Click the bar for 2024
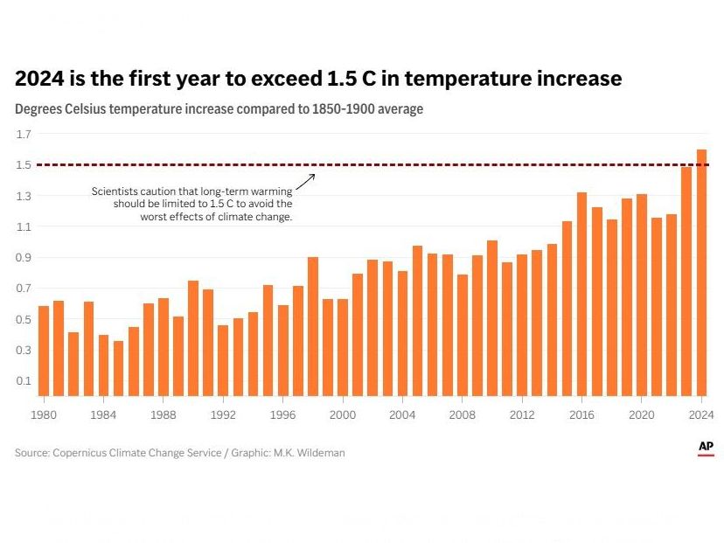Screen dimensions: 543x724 click(701, 272)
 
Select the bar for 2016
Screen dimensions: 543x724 click(581, 294)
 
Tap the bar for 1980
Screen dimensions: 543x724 click(44, 351)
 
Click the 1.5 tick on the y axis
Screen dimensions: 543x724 click(24, 165)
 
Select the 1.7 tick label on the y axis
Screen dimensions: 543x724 click(24, 134)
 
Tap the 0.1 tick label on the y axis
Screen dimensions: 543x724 click(24, 381)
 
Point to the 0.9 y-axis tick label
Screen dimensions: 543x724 click(24, 258)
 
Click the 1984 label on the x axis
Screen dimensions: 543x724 click(104, 414)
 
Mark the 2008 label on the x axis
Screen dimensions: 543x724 click(463, 414)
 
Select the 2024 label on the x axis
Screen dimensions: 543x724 click(700, 414)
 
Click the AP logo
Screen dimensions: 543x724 click(706, 448)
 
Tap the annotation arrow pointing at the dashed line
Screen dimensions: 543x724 click(305, 181)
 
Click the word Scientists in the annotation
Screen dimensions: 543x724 click(115, 191)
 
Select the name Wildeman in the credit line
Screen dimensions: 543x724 click(322, 453)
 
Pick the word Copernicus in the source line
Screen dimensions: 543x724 click(82, 453)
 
